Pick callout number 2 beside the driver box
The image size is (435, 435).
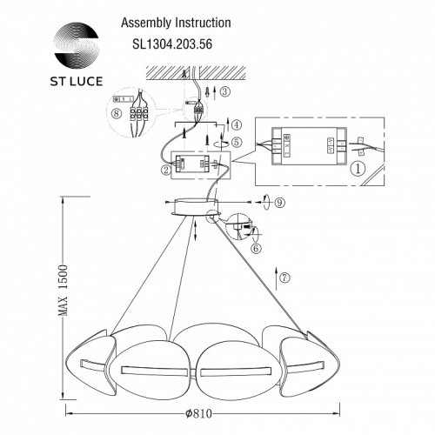coord(164,171)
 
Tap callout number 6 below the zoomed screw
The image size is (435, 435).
coord(256,248)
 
